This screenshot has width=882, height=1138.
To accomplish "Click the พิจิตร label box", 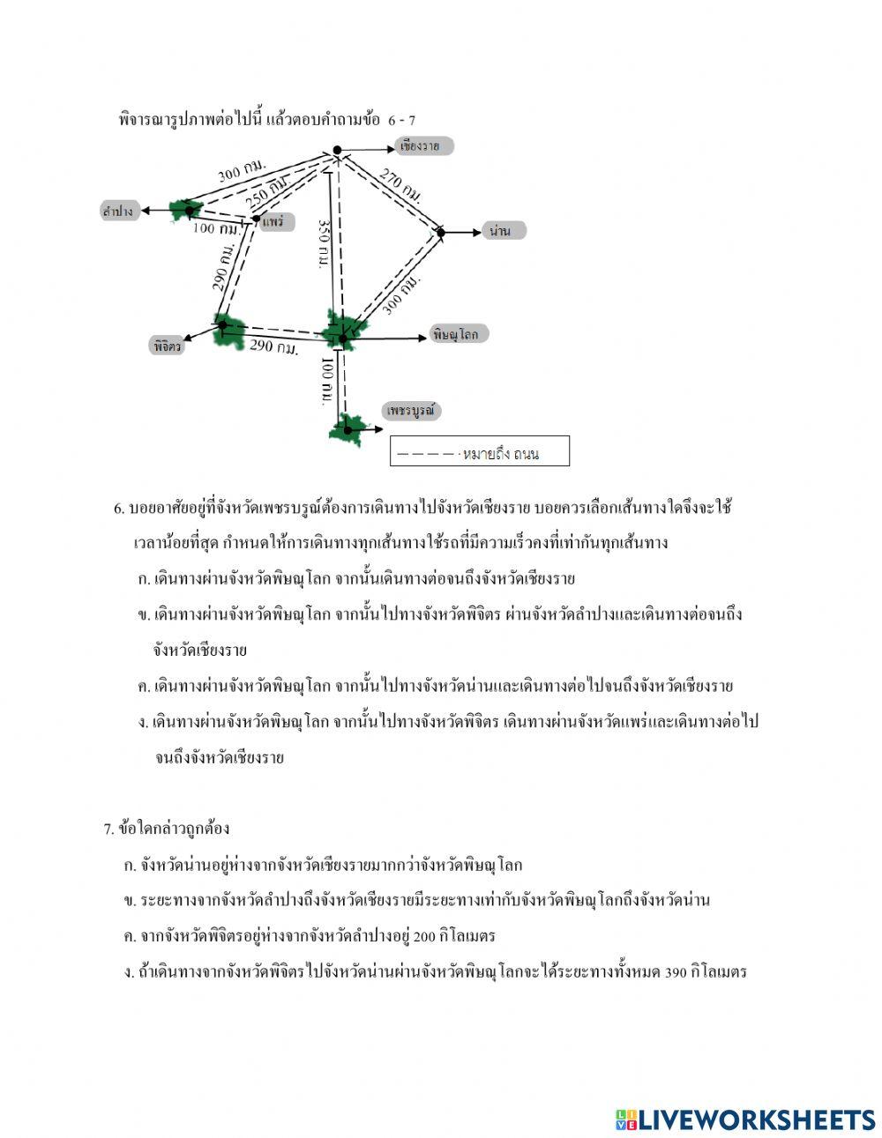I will (167, 346).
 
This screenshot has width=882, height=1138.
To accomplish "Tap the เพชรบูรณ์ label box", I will (411, 411).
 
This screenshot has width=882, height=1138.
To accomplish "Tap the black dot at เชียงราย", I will (336, 150).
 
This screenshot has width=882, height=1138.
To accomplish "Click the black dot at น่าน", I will (441, 232).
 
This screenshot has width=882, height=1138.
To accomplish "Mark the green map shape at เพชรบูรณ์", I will (347, 429).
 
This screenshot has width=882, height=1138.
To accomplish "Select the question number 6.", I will (119, 509).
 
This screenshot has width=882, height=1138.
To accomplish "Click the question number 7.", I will (108, 829).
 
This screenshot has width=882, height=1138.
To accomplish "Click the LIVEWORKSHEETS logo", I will (744, 1119).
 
